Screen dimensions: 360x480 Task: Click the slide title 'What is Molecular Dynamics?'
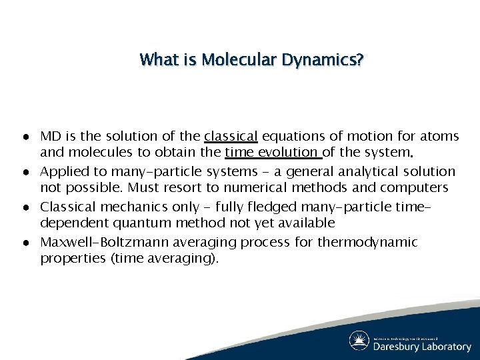tap(251, 60)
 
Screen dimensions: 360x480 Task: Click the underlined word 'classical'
tap(231, 137)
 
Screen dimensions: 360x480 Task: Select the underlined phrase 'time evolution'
tap(273, 154)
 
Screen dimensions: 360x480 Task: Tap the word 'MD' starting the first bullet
tap(51, 137)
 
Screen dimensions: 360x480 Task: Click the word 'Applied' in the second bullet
tap(62, 171)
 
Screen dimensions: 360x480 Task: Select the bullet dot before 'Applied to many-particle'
tap(23, 172)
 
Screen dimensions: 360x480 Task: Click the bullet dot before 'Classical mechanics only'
tap(23, 207)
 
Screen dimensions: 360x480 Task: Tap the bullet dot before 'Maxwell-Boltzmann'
tap(23, 241)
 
